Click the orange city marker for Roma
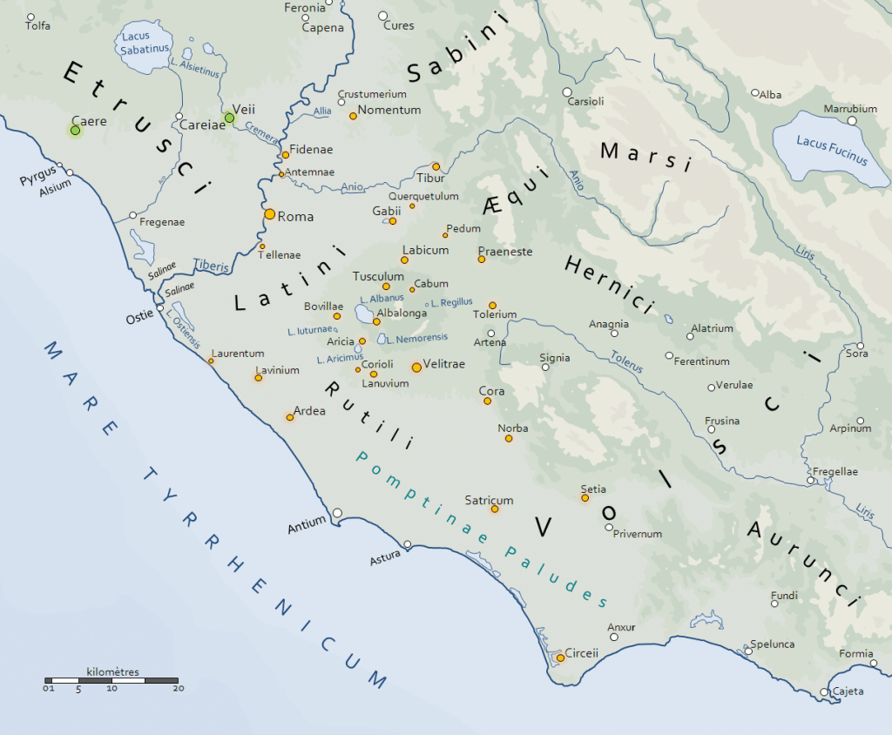pos(270,213)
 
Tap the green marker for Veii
pos(229,118)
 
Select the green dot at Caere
pos(75,131)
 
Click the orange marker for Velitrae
pos(416,367)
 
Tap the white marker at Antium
pos(337,513)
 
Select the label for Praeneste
pos(504,251)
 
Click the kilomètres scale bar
pos(111,680)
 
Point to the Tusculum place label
pos(378,276)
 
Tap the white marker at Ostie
pos(160,307)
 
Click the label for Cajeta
pos(848,691)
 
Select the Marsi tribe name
pos(645,155)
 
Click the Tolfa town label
pos(38,26)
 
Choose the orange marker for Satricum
pos(495,509)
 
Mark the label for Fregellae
pos(835,471)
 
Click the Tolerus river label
pos(627,360)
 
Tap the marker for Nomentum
pos(353,116)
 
